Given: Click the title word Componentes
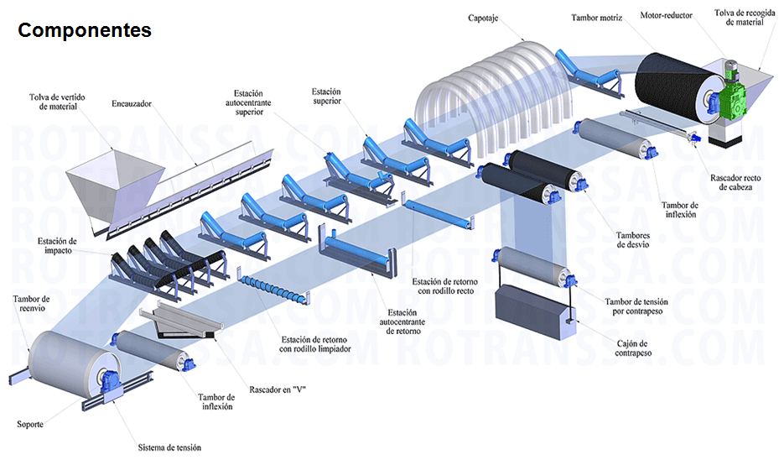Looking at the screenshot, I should [x=85, y=30].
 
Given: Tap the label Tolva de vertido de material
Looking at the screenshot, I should [x=53, y=102].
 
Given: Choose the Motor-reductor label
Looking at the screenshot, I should [x=667, y=15].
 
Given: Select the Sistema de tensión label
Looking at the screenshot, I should [x=169, y=447].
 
